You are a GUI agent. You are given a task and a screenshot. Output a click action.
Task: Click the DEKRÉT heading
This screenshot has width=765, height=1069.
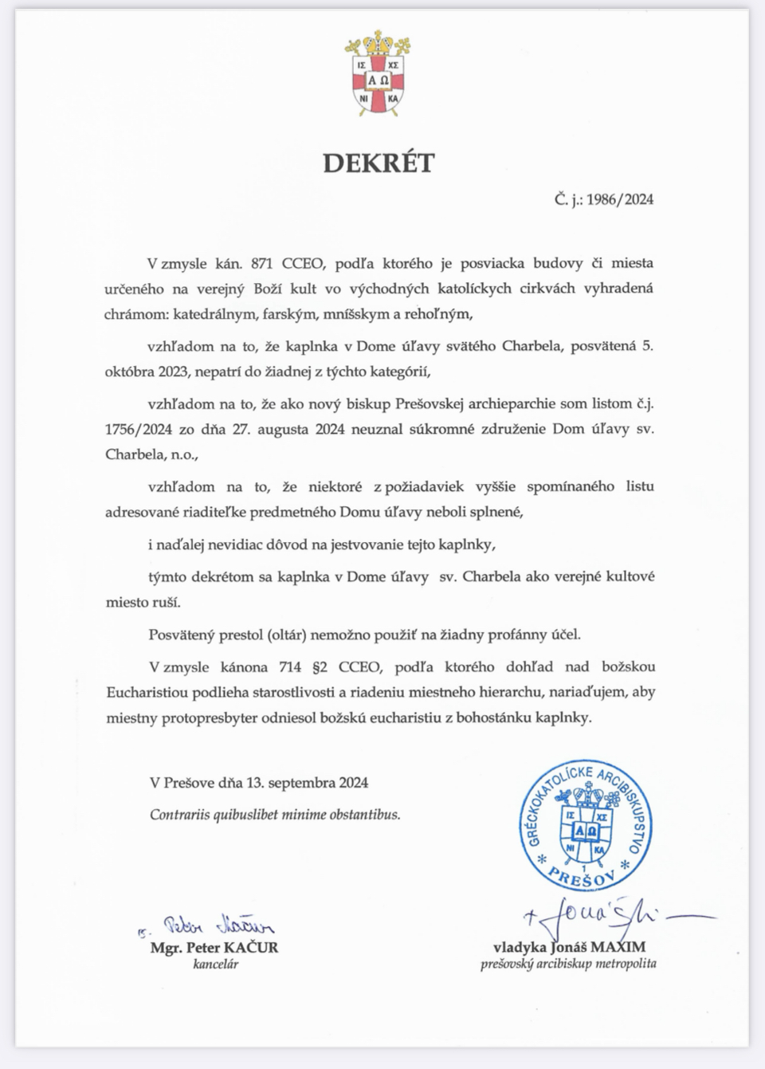click(x=379, y=163)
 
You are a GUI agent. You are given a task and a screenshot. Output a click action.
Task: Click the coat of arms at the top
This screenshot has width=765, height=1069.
click(x=378, y=73)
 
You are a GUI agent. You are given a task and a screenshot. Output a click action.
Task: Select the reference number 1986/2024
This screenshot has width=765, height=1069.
click(x=620, y=199)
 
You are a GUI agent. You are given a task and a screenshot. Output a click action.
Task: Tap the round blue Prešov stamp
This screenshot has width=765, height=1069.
click(x=586, y=826)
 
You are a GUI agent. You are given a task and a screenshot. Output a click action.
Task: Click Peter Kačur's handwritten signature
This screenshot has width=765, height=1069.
click(x=215, y=926)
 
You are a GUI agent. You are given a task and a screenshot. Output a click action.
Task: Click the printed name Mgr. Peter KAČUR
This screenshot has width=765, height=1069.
click(x=214, y=948)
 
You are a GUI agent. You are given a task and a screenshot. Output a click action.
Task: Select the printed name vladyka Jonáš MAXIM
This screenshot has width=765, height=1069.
click(x=569, y=947)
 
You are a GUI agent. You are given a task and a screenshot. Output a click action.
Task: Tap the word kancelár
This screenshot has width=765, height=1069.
click(x=215, y=964)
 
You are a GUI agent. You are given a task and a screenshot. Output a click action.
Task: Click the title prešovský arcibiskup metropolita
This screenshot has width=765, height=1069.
click(x=568, y=964)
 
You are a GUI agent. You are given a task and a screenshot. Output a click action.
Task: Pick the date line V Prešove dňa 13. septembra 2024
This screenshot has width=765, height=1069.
click(x=259, y=783)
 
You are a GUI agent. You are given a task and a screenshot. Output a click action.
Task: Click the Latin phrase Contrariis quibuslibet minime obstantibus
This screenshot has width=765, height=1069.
click(x=275, y=815)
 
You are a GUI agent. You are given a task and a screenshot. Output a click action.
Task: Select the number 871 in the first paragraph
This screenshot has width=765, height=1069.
click(x=262, y=263)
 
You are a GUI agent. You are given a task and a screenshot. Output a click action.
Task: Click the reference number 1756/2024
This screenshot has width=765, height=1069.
click(x=139, y=430)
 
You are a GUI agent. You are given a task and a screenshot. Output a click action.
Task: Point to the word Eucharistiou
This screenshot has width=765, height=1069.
click(x=147, y=692)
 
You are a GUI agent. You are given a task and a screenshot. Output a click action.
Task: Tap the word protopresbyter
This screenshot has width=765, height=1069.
click(x=210, y=717)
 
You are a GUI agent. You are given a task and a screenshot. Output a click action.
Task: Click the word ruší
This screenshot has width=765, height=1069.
click(x=167, y=603)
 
